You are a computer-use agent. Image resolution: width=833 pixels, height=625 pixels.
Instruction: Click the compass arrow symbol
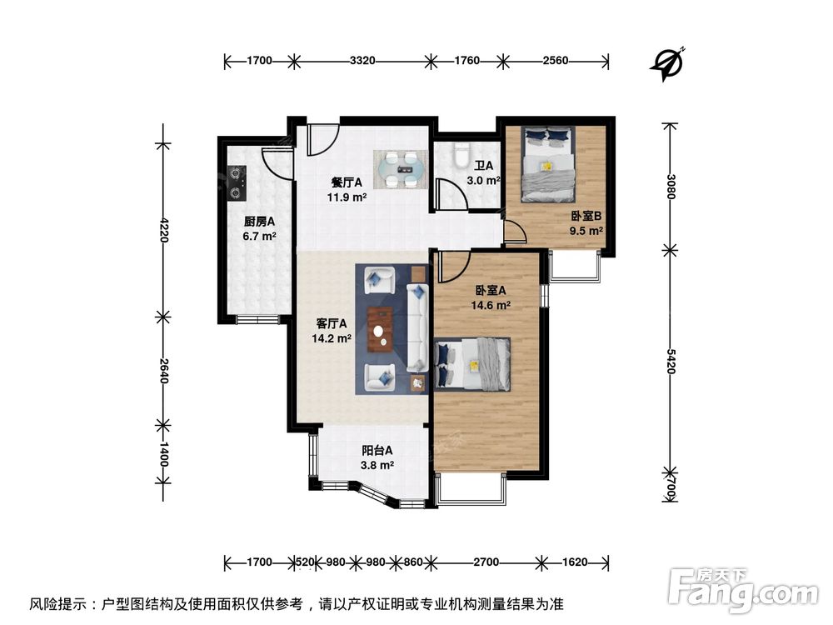[x=668, y=63]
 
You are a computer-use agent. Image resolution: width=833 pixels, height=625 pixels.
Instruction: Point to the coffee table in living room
[x=382, y=327]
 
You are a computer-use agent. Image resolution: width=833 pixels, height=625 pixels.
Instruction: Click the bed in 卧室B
[x=547, y=164]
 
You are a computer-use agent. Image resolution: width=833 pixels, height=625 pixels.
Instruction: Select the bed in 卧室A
[x=472, y=364]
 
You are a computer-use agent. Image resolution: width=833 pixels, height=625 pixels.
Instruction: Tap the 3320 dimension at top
[x=362, y=60]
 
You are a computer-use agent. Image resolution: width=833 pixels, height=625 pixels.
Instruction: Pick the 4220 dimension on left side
[x=163, y=229]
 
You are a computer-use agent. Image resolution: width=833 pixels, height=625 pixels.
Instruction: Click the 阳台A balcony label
[x=372, y=453]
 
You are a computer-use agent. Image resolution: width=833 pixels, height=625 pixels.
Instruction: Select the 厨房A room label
[x=259, y=222]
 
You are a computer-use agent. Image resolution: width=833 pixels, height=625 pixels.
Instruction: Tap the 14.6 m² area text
[x=492, y=305]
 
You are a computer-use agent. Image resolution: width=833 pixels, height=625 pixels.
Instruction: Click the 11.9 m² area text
[x=347, y=197]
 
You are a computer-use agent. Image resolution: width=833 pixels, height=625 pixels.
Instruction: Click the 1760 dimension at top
[x=467, y=60]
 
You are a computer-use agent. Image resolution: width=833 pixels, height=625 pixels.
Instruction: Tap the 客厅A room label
[x=332, y=323]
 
